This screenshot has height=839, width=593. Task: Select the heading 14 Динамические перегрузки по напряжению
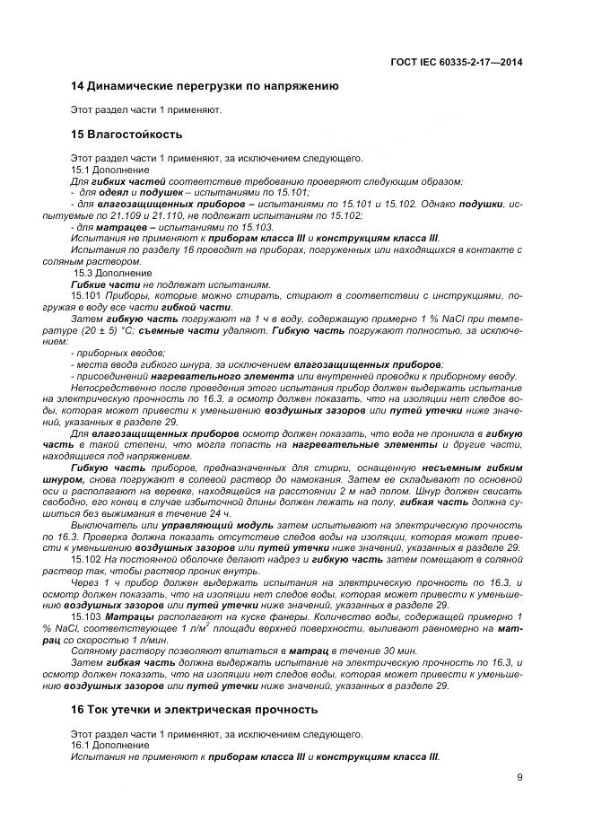coord(204,87)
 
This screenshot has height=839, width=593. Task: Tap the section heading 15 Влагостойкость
coord(126,135)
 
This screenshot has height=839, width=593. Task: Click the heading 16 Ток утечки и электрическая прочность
coord(194,709)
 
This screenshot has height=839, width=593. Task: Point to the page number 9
coord(519,778)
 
